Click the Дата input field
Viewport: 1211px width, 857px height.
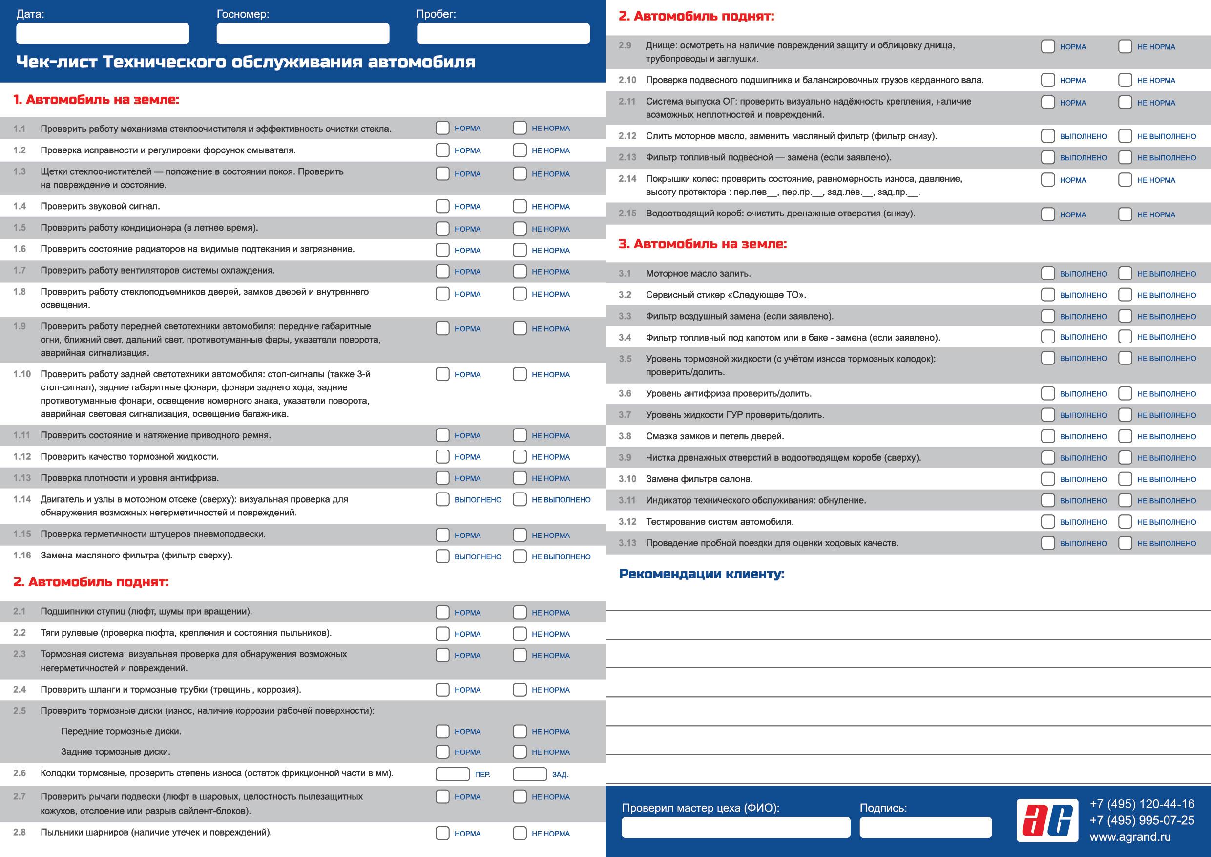(x=103, y=33)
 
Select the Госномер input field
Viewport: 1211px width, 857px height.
(x=303, y=33)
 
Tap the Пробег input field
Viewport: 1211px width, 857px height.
(x=503, y=33)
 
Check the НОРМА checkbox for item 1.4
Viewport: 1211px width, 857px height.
(x=442, y=206)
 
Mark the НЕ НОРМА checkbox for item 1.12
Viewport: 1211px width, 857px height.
(x=520, y=457)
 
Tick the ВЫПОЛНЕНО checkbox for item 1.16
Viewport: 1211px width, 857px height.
(x=442, y=556)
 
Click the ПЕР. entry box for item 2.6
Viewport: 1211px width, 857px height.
(x=452, y=774)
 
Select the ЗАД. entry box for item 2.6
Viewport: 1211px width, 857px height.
(x=529, y=774)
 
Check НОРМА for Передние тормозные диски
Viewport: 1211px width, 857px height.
(x=442, y=731)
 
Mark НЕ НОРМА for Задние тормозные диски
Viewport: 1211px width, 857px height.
(x=520, y=752)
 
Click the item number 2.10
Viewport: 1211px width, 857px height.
(x=627, y=80)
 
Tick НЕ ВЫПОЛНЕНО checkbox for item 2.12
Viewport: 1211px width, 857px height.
(x=1125, y=136)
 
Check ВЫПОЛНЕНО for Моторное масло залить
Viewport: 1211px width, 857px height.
(x=1047, y=273)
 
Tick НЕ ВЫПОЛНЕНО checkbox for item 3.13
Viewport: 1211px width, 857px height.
(x=1125, y=543)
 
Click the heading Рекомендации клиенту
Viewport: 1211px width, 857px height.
(x=702, y=574)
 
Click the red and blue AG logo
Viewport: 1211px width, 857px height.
(x=1047, y=820)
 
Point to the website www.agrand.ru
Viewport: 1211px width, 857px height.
(x=1130, y=837)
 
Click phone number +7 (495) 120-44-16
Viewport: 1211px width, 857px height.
(x=1142, y=804)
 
